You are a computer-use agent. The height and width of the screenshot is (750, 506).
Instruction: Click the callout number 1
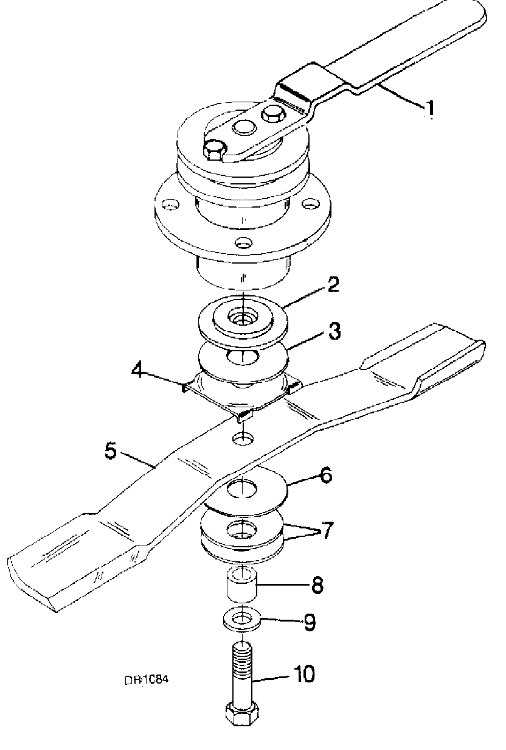(430, 108)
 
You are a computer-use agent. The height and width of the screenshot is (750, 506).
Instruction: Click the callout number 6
(326, 475)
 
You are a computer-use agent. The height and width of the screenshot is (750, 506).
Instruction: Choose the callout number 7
(327, 530)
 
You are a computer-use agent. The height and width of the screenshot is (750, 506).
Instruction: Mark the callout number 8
(317, 586)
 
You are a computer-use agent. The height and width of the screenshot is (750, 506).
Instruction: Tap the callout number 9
(309, 622)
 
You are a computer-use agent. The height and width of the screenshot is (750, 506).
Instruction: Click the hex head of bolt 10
(241, 713)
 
